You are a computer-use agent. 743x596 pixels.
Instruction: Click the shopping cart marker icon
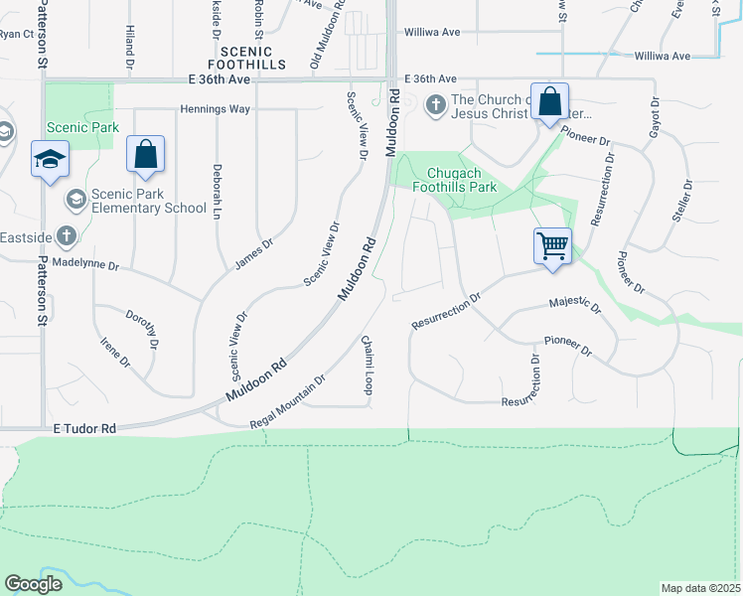coord(552,244)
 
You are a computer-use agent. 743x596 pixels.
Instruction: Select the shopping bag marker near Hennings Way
coord(145,154)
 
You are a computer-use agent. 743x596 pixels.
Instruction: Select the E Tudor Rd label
coord(84,428)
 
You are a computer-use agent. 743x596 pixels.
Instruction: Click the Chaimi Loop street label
coord(367,366)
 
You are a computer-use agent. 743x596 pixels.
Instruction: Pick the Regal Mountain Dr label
coord(288,400)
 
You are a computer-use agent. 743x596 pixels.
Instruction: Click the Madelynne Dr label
coord(85,266)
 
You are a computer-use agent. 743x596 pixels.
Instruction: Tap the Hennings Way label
coord(215,108)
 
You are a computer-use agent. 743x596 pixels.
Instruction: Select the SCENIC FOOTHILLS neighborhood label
coord(253,57)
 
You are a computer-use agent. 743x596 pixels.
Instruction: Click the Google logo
coord(34,584)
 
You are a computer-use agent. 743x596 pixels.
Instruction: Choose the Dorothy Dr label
coord(142,329)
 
